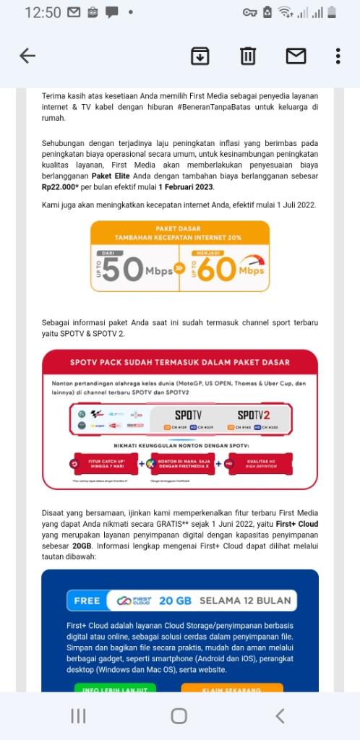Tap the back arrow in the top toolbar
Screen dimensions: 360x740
(27, 56)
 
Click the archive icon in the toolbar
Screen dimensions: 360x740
(200, 56)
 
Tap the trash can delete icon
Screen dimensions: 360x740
(248, 56)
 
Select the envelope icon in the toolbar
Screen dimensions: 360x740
(296, 56)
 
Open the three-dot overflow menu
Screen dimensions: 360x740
(338, 56)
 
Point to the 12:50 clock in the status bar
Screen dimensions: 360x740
(43, 12)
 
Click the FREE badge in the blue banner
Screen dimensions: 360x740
(87, 601)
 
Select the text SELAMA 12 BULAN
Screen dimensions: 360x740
(244, 601)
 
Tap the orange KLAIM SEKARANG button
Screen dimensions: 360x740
(232, 689)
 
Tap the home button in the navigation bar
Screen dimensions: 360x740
(179, 716)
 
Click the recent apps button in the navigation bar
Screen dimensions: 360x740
(78, 716)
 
